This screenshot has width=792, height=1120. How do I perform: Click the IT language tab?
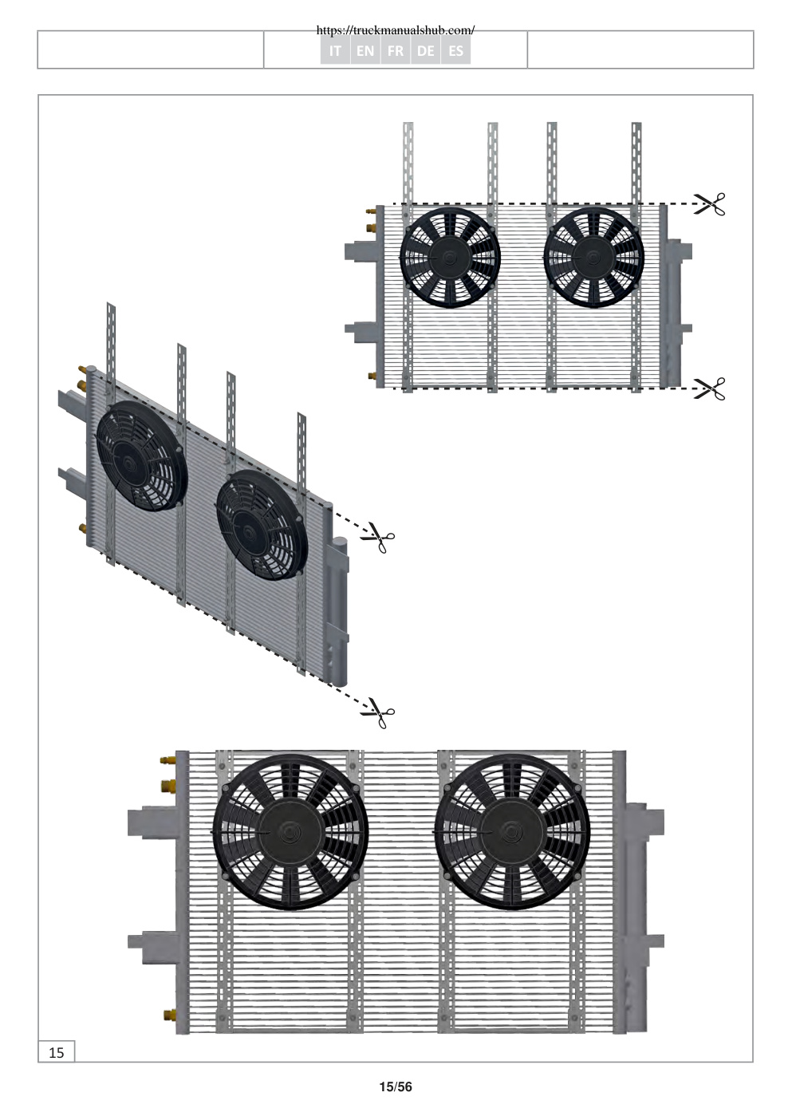coord(335,50)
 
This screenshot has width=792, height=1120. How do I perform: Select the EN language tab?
coord(365,50)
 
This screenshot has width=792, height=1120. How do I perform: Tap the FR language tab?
coord(395,50)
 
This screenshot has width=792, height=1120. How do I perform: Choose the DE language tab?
coord(425,50)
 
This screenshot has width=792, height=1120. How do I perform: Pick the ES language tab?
coord(455,50)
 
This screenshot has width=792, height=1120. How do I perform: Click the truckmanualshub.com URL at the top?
coord(396,30)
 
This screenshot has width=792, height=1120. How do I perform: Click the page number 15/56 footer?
coord(396,1086)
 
